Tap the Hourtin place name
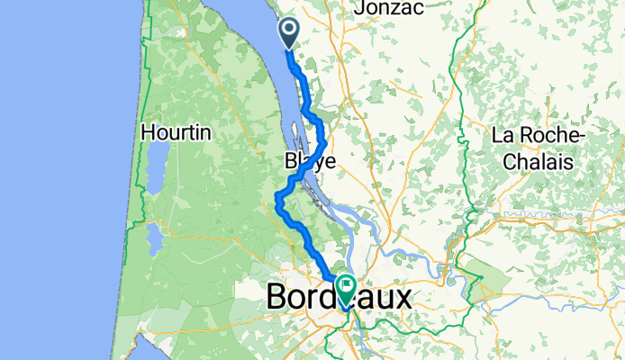coord(176,133)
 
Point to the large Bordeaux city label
coord(339,297)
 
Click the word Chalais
coord(539,161)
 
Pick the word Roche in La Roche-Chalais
coord(547,135)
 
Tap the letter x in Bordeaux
coord(399,299)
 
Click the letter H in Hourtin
coord(149,133)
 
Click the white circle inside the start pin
coord(289,30)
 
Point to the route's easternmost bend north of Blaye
coord(325,139)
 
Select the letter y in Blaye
coord(321,164)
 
